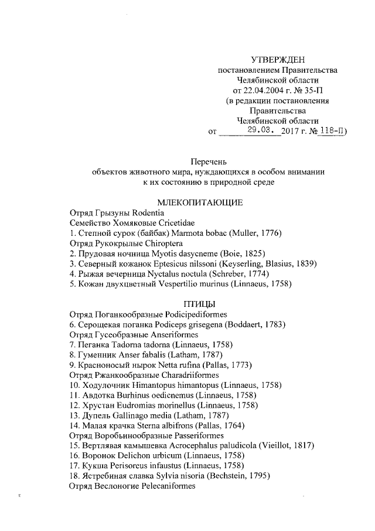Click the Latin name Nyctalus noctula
pos(166,273)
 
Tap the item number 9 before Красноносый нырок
pos(72,364)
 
